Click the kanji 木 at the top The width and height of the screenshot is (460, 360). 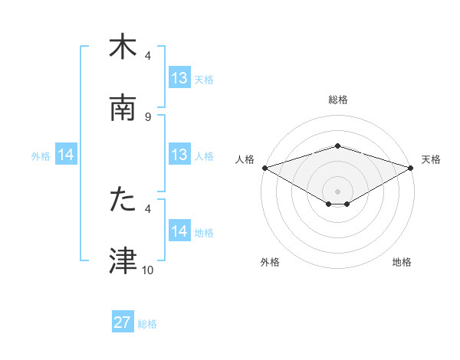tap(123, 47)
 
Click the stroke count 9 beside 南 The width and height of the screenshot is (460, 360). tap(148, 116)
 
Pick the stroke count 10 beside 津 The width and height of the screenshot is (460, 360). tap(148, 270)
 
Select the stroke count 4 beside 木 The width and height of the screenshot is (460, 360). tap(148, 56)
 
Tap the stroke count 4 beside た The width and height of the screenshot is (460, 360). tap(148, 208)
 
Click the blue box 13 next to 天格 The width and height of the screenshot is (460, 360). tap(179, 78)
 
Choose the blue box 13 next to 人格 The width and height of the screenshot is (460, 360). tap(179, 155)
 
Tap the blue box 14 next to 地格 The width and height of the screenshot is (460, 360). tap(179, 231)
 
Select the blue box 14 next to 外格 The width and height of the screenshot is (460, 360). tap(66, 155)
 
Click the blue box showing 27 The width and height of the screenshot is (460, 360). tap(123, 322)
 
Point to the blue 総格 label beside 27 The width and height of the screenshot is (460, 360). tap(147, 324)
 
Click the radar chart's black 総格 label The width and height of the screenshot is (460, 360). tap(337, 100)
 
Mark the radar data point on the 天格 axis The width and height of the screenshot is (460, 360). tap(411, 168)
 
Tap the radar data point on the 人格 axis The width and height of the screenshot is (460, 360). tap(264, 168)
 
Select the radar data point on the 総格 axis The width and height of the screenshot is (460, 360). tap(337, 146)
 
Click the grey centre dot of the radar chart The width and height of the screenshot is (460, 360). tap(337, 191)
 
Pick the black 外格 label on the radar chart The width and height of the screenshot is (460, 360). tap(270, 262)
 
